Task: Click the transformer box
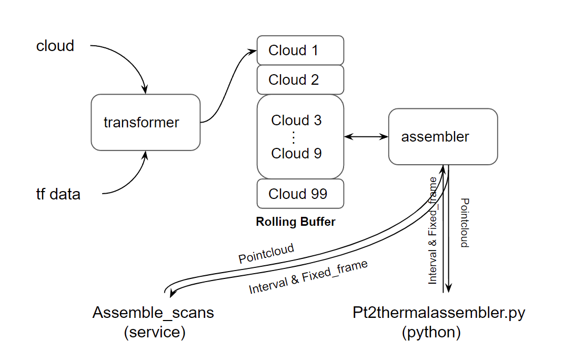coord(145,122)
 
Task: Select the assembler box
coord(443,136)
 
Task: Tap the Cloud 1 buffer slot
coord(300,51)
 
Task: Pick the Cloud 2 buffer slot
coord(300,80)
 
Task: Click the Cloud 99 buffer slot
coord(300,194)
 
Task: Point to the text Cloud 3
coord(296,120)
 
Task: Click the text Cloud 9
coord(296,154)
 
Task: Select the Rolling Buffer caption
coord(295,222)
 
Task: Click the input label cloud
coord(55,46)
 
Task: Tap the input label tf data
coord(58,194)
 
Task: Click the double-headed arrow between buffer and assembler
coord(366,137)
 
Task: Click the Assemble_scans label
coord(153,313)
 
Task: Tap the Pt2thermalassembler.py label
coord(439,313)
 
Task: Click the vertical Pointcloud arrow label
coord(465,223)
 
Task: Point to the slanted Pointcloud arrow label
coord(266,254)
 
